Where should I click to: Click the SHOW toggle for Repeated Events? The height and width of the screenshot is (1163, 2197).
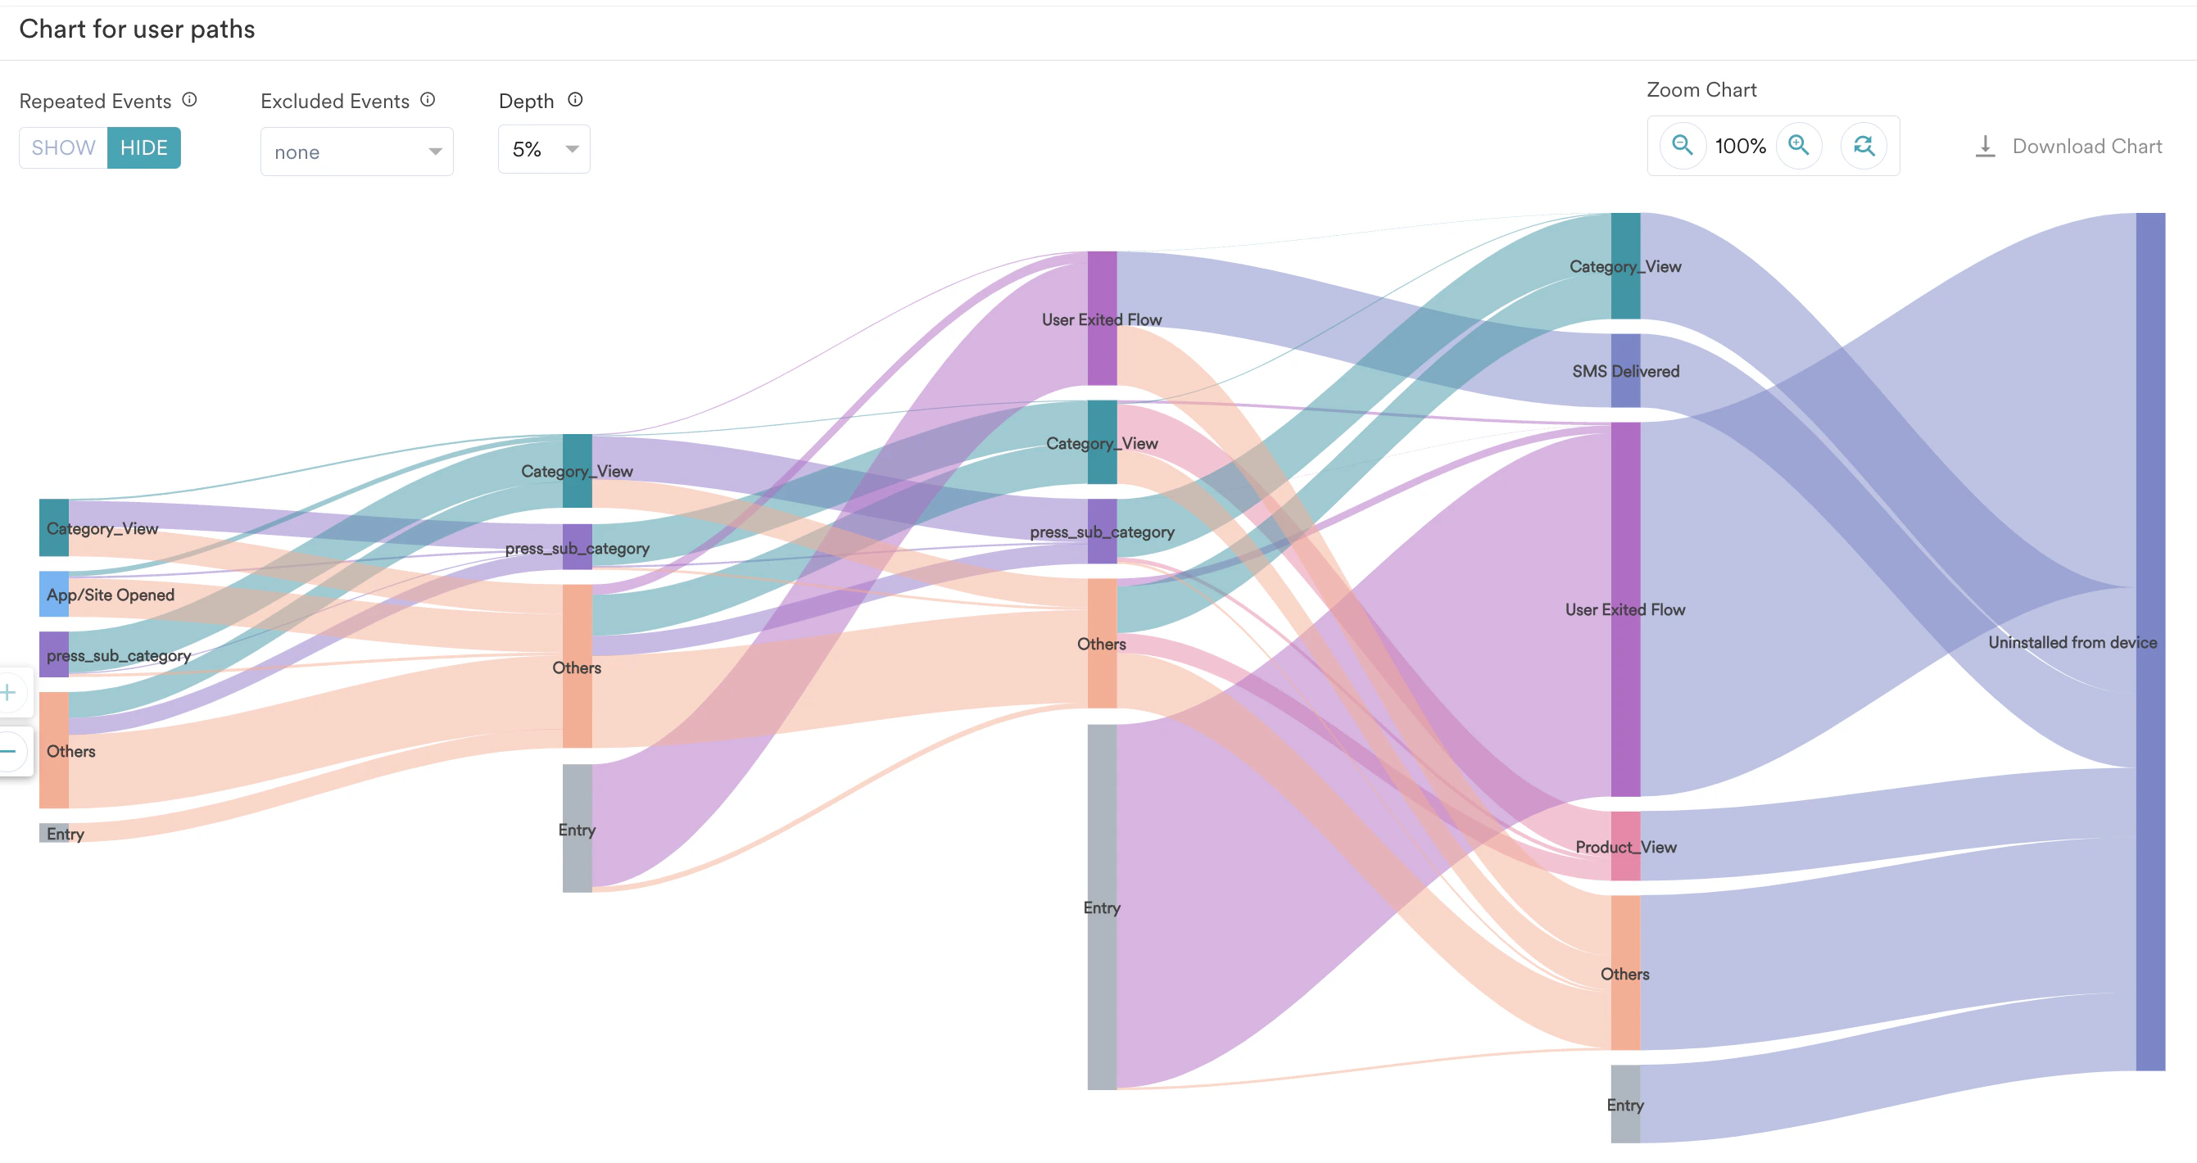pos(63,147)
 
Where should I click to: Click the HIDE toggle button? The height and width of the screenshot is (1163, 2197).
pos(143,147)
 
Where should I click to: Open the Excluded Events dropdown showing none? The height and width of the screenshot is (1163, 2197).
pos(356,152)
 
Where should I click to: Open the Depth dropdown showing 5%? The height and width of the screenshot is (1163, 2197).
pos(544,149)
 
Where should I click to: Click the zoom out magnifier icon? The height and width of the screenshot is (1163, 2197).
pos(1682,145)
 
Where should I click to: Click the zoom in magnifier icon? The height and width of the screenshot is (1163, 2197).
pos(1799,145)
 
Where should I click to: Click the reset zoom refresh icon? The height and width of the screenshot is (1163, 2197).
pos(1864,145)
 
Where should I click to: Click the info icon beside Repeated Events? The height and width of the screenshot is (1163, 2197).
pos(189,100)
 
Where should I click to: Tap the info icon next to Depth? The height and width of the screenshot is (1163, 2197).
pos(576,100)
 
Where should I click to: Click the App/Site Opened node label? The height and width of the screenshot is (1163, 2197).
pos(110,595)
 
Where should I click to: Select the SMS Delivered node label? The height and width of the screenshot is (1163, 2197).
pos(1625,371)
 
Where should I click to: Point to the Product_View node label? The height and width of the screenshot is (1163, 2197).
pos(1625,847)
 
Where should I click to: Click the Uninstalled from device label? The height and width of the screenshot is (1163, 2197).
pos(2072,642)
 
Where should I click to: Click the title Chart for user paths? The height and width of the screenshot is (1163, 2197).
pos(137,29)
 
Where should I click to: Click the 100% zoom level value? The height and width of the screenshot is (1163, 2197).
pos(1740,147)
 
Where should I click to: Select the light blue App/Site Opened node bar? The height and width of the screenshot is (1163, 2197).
pos(54,595)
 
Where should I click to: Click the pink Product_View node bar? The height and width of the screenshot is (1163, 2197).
pos(1625,846)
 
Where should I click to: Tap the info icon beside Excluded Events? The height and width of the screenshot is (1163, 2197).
pos(428,100)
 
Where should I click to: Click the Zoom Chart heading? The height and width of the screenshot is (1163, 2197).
pos(1701,89)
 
